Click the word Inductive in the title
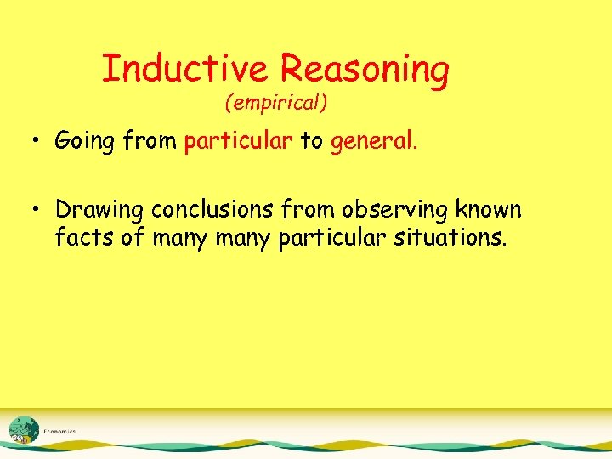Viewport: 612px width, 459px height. coord(187,68)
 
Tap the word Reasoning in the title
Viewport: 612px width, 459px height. coord(365,70)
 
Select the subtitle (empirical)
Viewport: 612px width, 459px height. coord(276,104)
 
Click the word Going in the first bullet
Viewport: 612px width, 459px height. coord(84,141)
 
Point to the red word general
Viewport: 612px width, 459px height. coord(375,141)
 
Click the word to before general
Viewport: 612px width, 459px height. coord(310,141)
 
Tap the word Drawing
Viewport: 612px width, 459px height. coord(99,210)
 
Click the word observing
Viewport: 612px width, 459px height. coord(388,210)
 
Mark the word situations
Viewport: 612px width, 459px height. coord(451,237)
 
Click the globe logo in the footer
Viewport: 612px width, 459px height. coord(23,430)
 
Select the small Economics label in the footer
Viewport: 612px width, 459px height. coord(59,432)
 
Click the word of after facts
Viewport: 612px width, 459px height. coord(133,237)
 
